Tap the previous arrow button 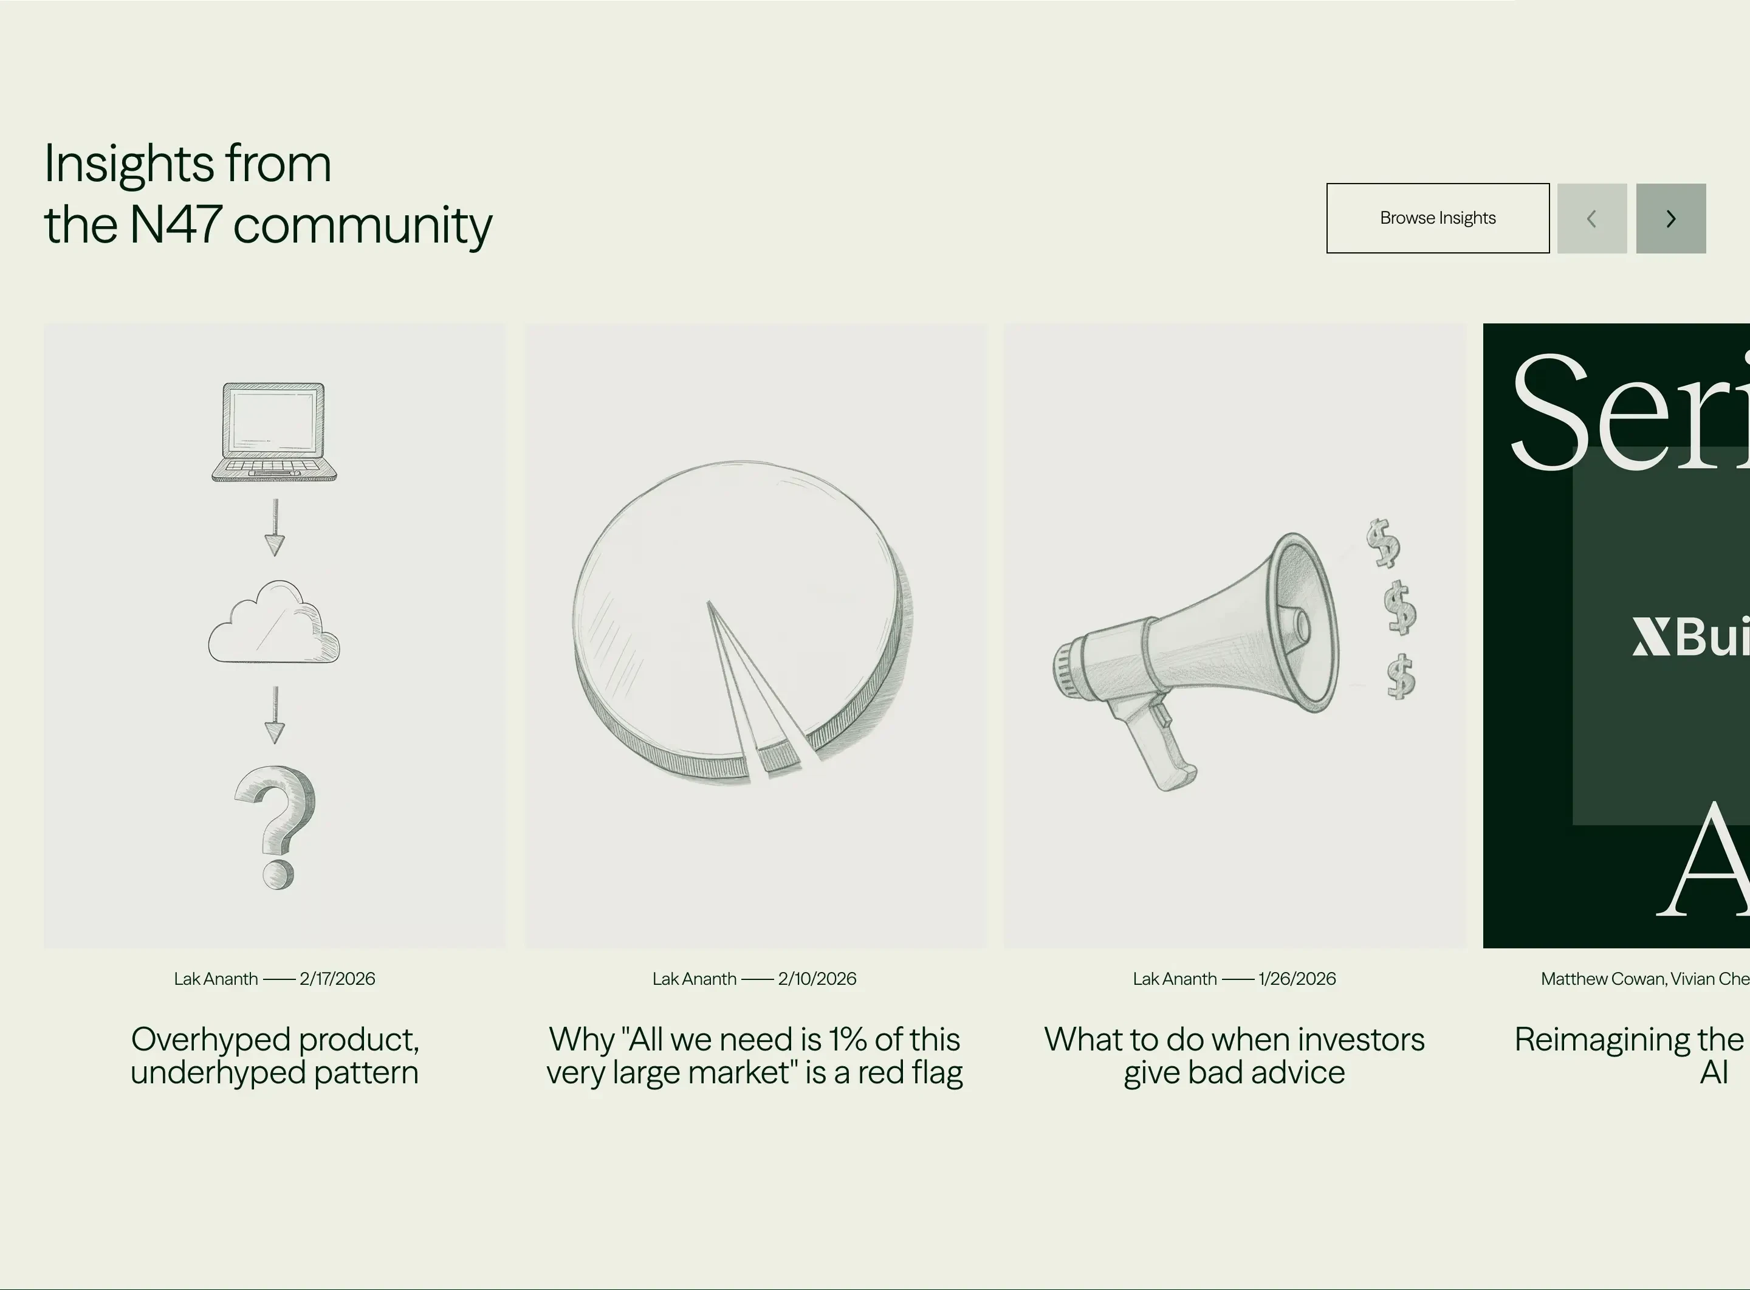tap(1591, 219)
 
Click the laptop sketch tap(274, 432)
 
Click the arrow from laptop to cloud tap(275, 528)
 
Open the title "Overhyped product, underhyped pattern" tap(275, 1056)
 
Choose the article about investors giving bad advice tap(1234, 1056)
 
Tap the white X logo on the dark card tap(1650, 637)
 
